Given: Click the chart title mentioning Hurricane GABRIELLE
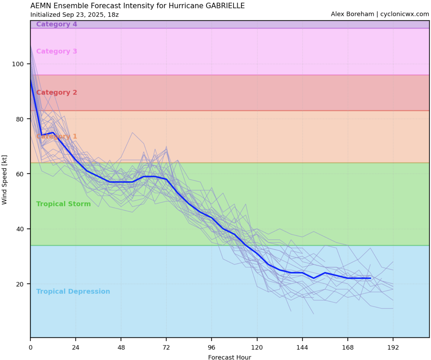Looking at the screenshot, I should click(137, 6).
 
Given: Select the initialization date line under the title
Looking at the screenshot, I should click(74, 15).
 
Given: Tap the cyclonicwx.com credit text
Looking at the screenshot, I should click(380, 14).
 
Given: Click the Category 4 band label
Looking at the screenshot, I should click(56, 24).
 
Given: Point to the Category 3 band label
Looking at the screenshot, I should click(56, 51).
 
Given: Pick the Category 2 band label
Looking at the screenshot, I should click(56, 92).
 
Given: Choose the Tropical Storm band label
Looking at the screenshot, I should click(63, 204).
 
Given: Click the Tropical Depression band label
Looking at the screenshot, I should click(73, 291).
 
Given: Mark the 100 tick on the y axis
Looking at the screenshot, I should click(18, 64).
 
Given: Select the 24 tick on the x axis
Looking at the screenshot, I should click(76, 347).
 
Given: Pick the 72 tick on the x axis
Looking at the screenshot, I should click(166, 347).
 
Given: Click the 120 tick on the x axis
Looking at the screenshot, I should click(257, 347).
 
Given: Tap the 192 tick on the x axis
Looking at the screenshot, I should click(393, 347).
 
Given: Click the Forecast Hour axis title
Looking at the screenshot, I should click(230, 357).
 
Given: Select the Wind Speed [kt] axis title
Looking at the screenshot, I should click(4, 180).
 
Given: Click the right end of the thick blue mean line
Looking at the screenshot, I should click(370, 278).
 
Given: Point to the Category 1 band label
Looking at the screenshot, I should click(56, 136).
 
